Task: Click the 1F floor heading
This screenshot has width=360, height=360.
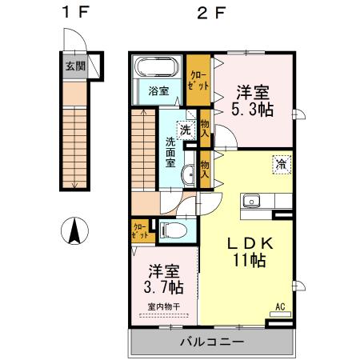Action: click(73, 14)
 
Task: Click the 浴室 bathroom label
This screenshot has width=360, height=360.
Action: click(157, 90)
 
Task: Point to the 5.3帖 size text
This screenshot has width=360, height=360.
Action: click(253, 108)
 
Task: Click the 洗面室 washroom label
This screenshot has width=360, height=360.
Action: click(170, 152)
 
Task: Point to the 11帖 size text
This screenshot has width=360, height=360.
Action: click(249, 259)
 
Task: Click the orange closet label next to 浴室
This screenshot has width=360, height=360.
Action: click(195, 79)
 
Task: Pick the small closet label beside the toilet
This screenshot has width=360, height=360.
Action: click(138, 231)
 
